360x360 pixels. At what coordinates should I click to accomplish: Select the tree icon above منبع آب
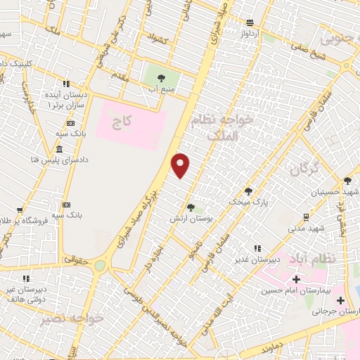click(x=162, y=78)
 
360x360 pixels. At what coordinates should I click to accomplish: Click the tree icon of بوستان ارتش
click(x=191, y=207)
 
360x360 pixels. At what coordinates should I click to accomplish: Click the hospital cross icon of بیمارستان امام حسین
click(x=296, y=280)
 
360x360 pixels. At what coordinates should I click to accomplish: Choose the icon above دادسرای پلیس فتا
click(x=58, y=150)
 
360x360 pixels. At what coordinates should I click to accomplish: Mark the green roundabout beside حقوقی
click(x=101, y=265)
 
